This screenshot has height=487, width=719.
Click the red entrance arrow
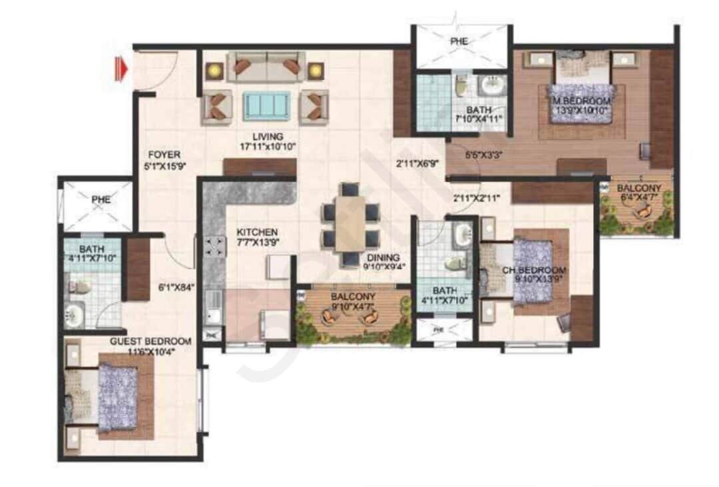click(x=120, y=69)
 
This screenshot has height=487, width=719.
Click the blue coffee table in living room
click(x=266, y=105)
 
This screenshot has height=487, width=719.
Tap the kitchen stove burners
click(x=215, y=248)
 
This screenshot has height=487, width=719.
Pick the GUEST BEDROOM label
click(x=150, y=341)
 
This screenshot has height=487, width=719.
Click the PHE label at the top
click(x=459, y=41)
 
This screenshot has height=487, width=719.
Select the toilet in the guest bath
click(x=79, y=288)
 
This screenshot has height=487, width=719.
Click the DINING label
click(x=381, y=258)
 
